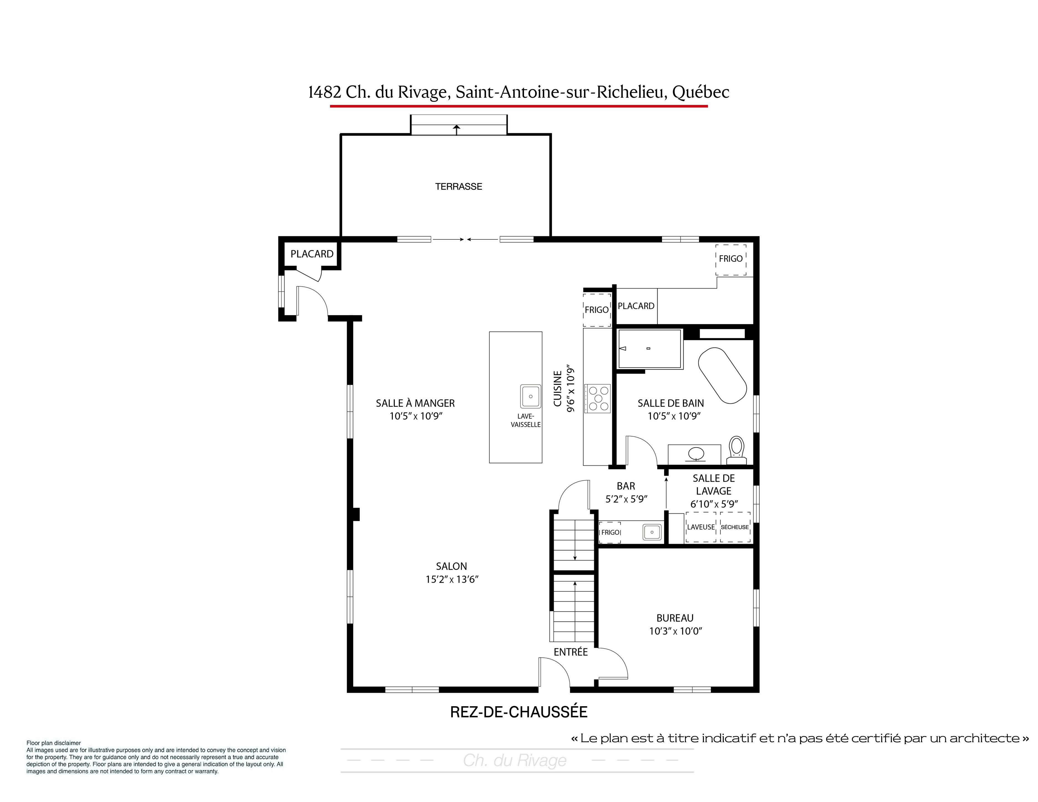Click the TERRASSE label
coord(459,187)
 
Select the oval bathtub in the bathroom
coord(722,376)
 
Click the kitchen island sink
coord(530,396)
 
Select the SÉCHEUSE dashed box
coord(735,527)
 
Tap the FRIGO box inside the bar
coord(610,532)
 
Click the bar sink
coord(652,532)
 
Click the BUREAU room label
coord(675,618)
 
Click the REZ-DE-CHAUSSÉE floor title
coord(519,712)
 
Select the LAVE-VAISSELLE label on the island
coord(526,420)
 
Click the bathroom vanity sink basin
coord(697,453)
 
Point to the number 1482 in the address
coord(325,92)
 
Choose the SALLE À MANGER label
coord(415,403)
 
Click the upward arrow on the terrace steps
coord(457,129)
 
